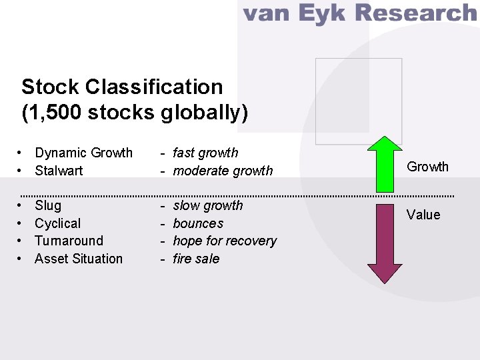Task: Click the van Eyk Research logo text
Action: point(359,13)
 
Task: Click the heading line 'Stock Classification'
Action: point(122,87)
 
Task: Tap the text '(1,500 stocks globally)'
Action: point(135,113)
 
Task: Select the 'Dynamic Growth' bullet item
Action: point(83,153)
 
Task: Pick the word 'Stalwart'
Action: point(59,171)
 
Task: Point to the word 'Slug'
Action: point(48,205)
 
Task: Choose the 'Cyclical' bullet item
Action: point(57,223)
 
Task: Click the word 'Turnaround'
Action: point(69,241)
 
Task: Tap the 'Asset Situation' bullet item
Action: point(79,259)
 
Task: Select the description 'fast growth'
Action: point(205,153)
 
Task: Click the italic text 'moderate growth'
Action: point(223,171)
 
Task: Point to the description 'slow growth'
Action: point(208,205)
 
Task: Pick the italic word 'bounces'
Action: point(198,223)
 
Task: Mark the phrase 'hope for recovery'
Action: point(225,241)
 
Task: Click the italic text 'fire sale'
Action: point(196,259)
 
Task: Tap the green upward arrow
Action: point(385,163)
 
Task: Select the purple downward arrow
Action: point(385,243)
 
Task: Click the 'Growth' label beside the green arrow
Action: point(428,167)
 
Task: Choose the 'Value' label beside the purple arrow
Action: point(424,215)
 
